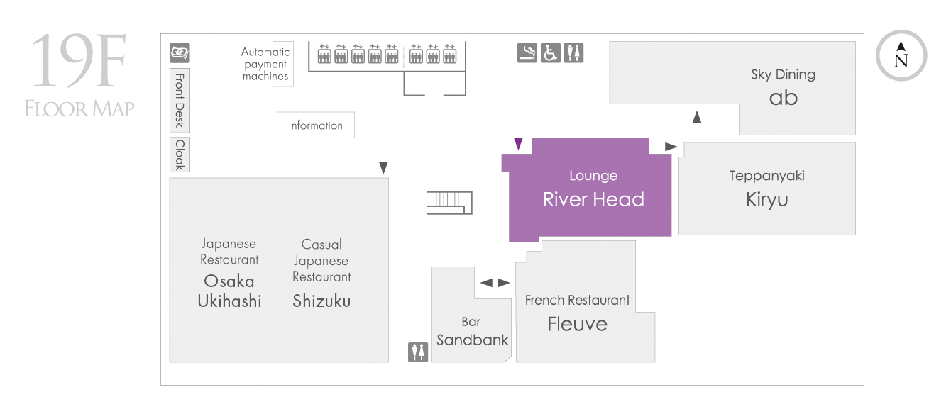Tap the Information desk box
[315, 125]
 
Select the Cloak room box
[180, 155]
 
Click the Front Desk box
[180, 101]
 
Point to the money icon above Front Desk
[180, 52]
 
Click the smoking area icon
[527, 52]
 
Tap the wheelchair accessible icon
[550, 52]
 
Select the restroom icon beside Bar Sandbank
[418, 352]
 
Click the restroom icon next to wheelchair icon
[573, 52]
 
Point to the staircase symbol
[449, 203]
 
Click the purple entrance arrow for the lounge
[518, 144]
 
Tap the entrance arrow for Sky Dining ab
[697, 117]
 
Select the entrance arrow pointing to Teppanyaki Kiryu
[671, 146]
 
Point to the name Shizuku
[321, 301]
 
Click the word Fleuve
[577, 324]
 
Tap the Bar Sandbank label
[472, 331]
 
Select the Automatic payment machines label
[265, 64]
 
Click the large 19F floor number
[79, 61]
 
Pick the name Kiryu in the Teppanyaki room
[766, 199]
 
